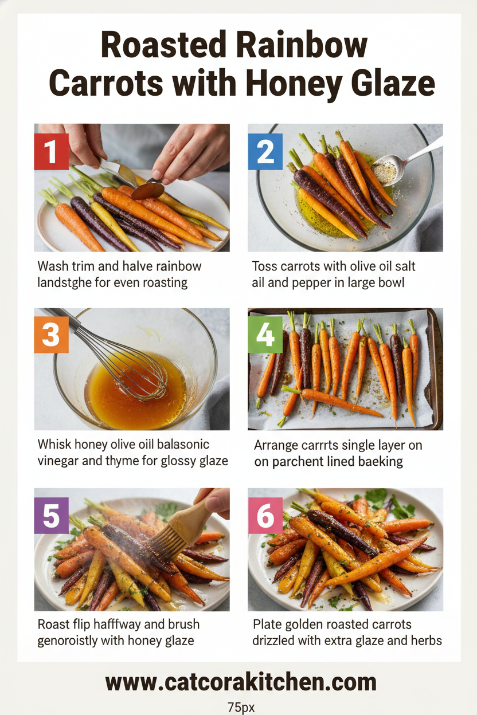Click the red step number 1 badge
(x=51, y=152)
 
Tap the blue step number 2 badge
(x=265, y=152)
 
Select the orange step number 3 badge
(x=51, y=335)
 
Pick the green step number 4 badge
(x=265, y=335)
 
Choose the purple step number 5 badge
(x=51, y=515)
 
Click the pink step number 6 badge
(x=265, y=515)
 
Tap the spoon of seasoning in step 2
(x=385, y=170)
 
